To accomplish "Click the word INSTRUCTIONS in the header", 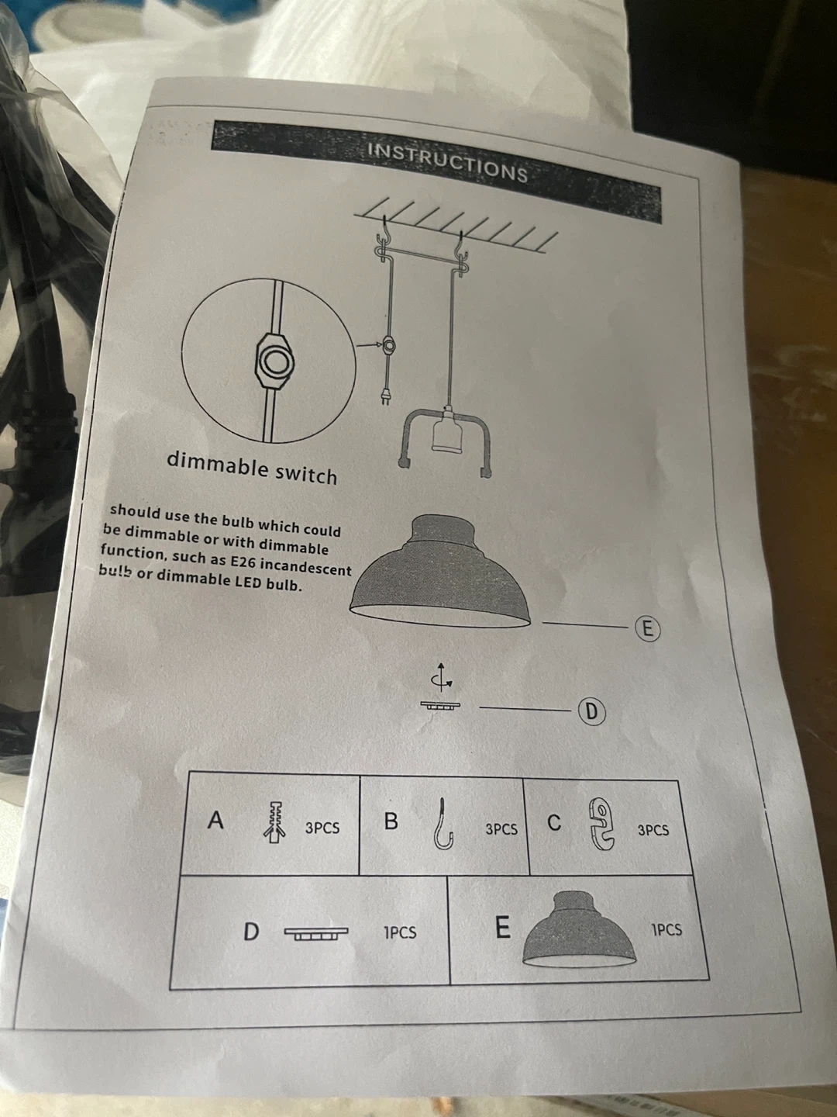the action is point(448,162).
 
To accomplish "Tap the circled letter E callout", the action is point(648,629).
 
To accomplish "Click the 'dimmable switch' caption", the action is point(252,467).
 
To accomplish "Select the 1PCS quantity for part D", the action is point(400,932).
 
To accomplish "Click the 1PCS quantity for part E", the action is point(666,930).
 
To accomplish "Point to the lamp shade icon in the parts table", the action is point(580,929).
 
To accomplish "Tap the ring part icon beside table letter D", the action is point(316,933).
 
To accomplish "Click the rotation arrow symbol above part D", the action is point(441,677).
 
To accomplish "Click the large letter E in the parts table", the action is point(502,926).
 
